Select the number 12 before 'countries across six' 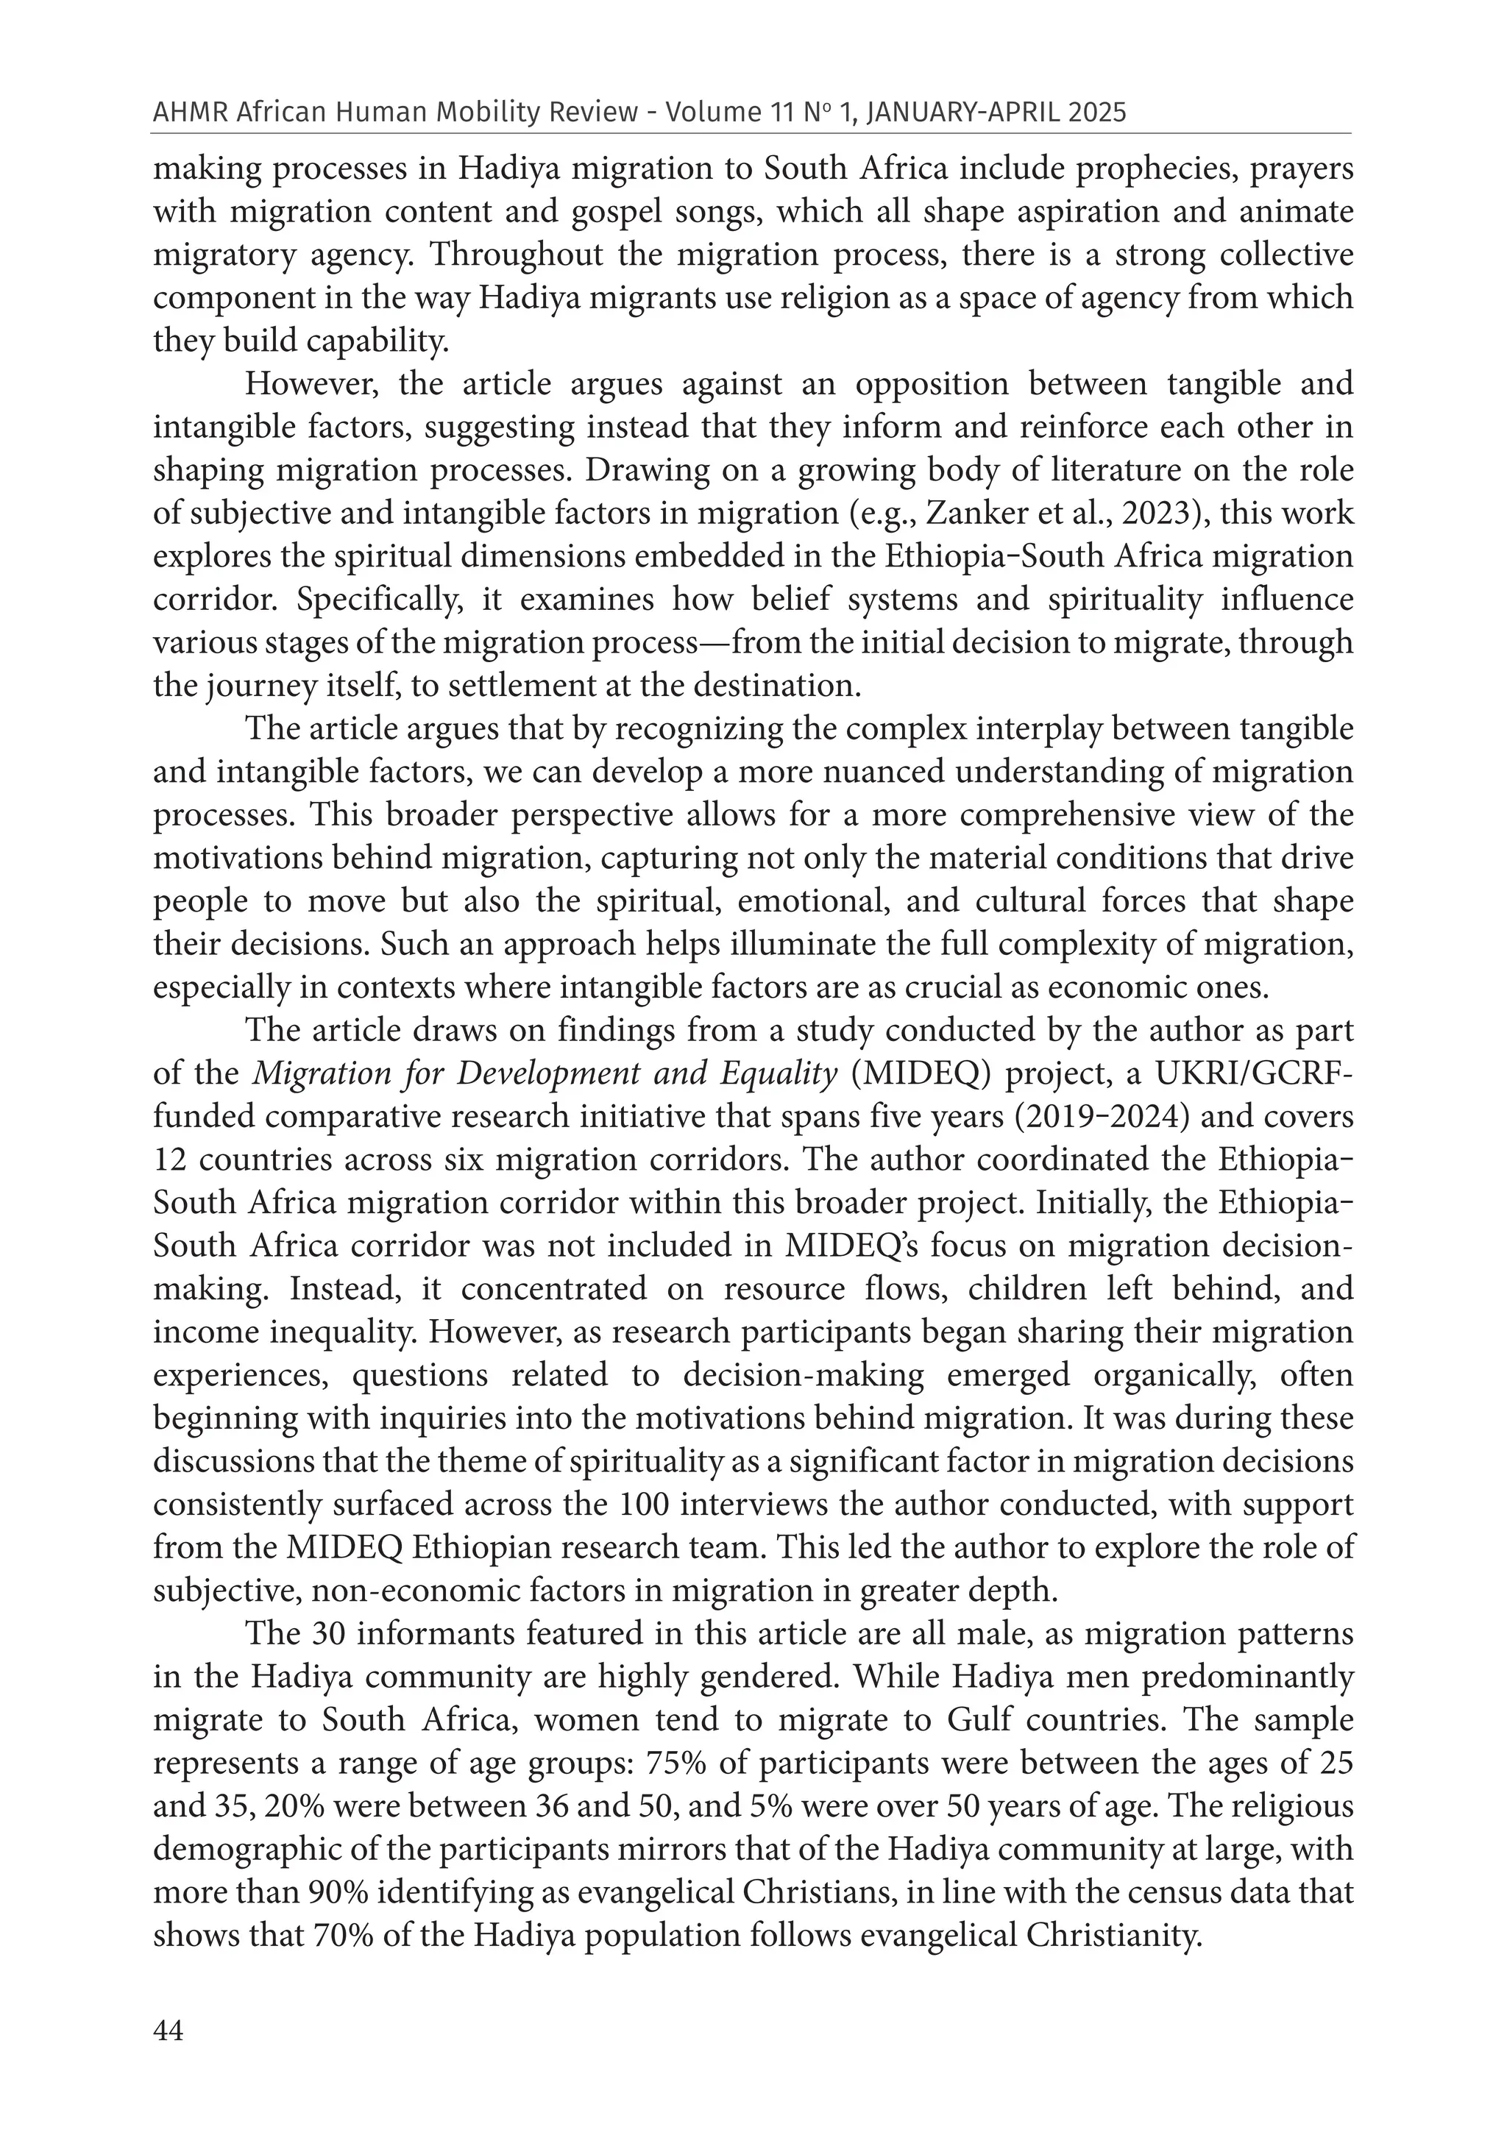pyautogui.click(x=169, y=1160)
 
